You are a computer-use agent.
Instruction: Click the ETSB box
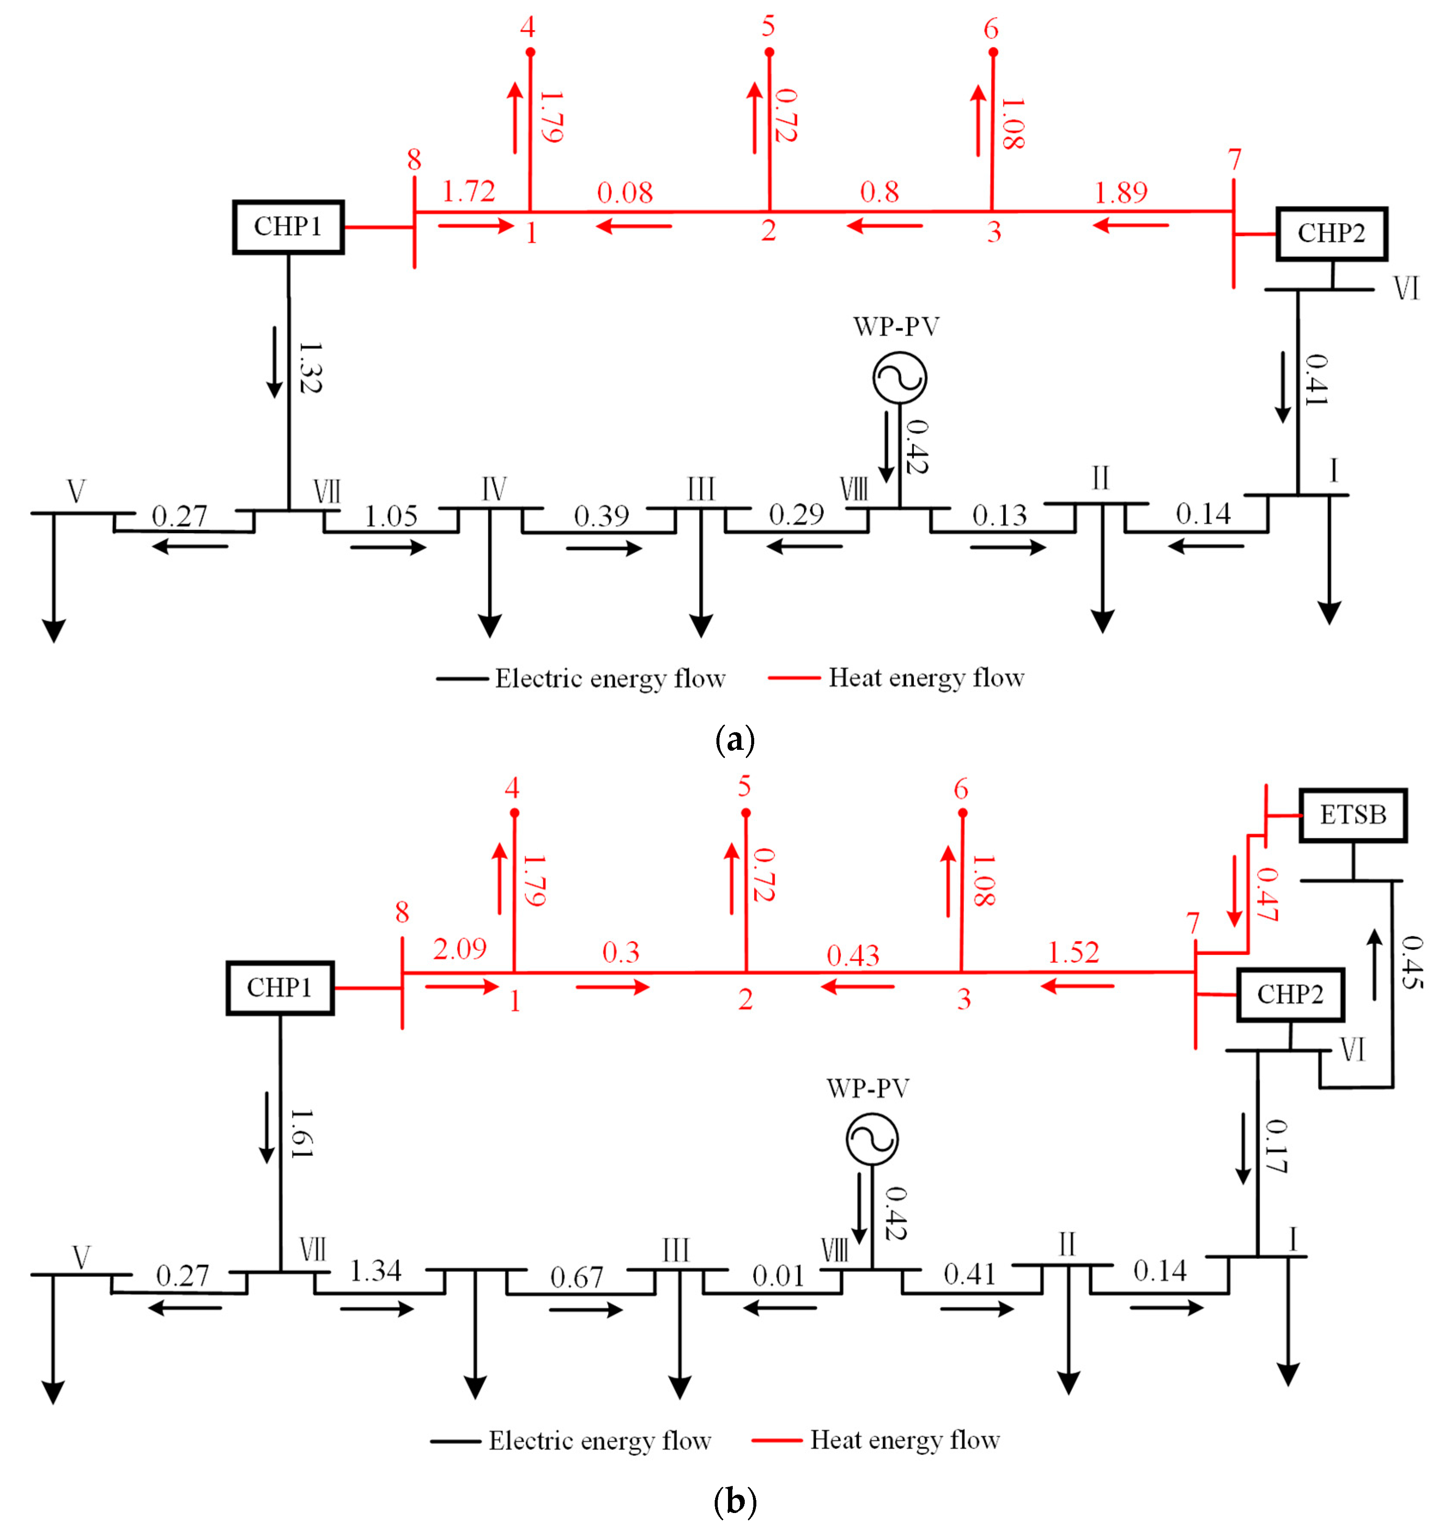click(1352, 815)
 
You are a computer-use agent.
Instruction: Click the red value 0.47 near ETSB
click(1267, 894)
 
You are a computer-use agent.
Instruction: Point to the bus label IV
click(493, 488)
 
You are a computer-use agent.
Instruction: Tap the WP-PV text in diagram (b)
click(868, 1088)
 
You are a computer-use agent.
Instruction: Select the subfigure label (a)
click(734, 740)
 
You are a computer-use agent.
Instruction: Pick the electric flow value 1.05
click(391, 516)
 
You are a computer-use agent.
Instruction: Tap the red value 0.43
click(852, 955)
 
